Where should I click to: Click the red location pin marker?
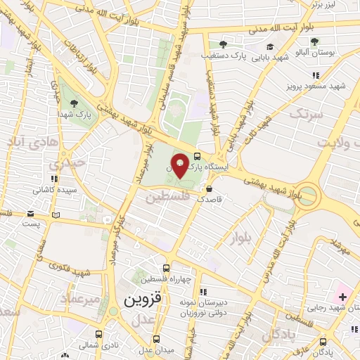179,165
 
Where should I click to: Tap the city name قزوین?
143,299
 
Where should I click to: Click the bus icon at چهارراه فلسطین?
166,267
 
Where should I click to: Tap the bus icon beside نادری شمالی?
98,334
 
